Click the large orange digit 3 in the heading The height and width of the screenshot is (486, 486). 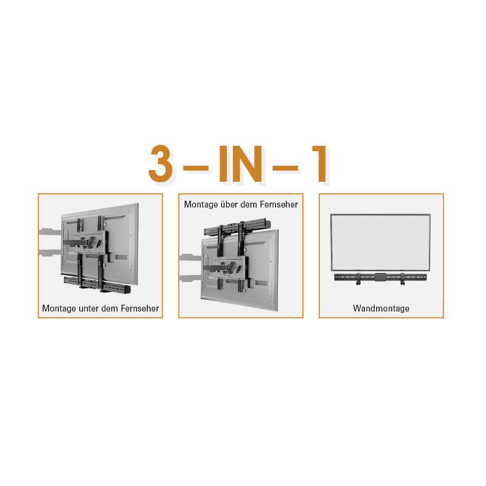click(x=161, y=164)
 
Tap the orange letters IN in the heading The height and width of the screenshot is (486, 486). click(x=241, y=164)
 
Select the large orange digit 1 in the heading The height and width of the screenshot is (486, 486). click(x=319, y=164)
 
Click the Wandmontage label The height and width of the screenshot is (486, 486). click(x=381, y=309)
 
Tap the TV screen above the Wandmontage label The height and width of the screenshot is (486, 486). click(x=381, y=242)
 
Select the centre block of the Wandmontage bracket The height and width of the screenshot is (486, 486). click(x=380, y=278)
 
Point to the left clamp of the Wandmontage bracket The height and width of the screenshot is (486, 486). click(x=359, y=279)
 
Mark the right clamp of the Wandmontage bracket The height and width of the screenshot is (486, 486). click(x=402, y=279)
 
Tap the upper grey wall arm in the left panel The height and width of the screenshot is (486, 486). click(x=49, y=232)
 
